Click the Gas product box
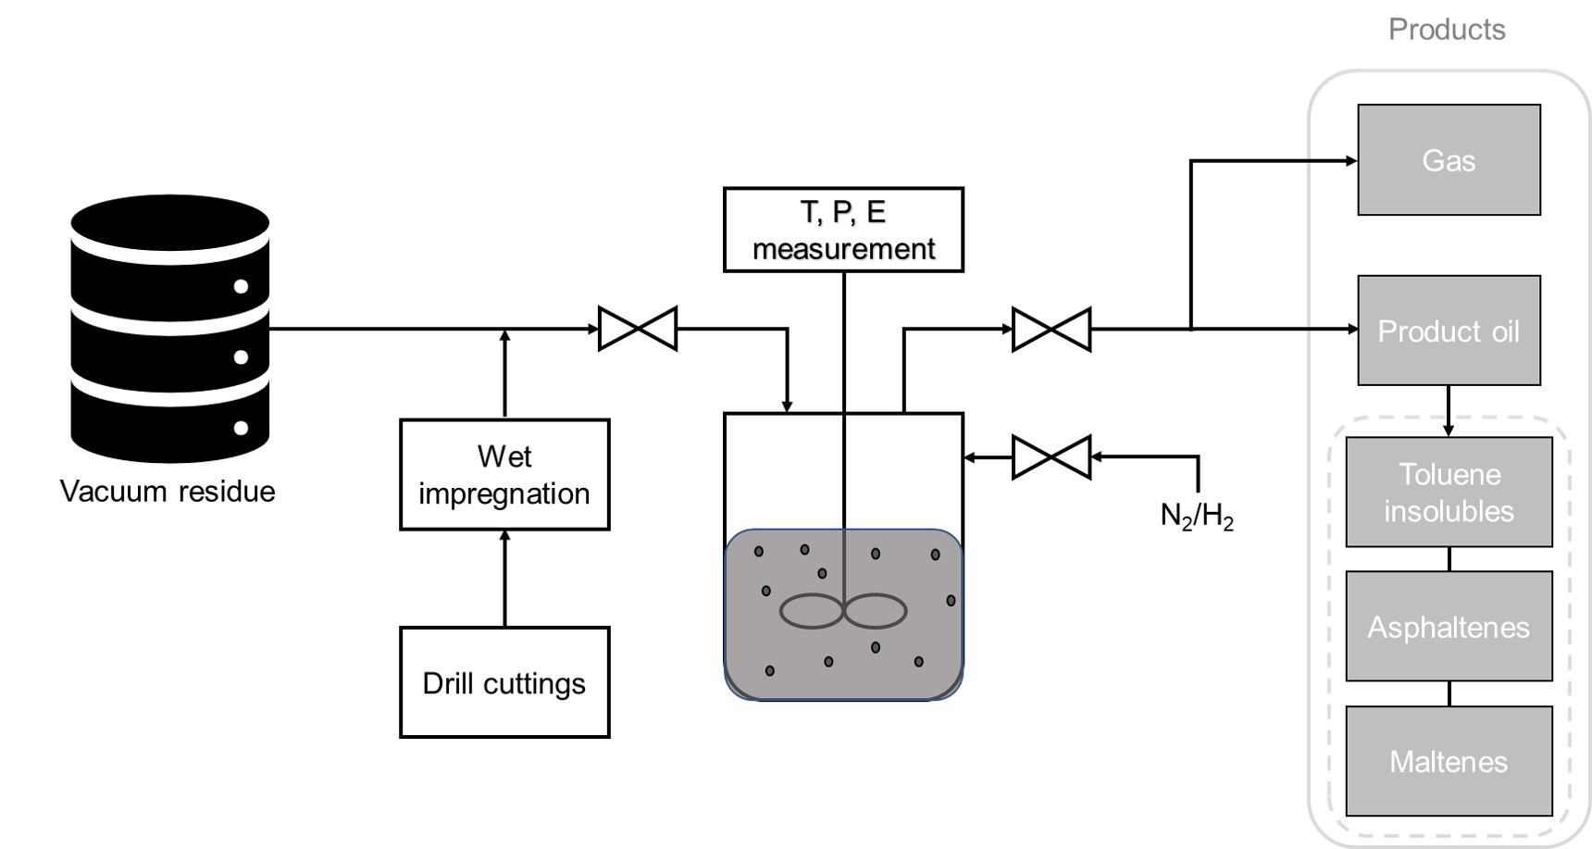(1449, 160)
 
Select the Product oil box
(1449, 331)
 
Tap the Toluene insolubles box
(1449, 493)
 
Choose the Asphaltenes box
(1449, 627)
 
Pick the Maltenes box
(1449, 761)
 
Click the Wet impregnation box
(504, 474)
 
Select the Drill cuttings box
(504, 682)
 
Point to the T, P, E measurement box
(843, 230)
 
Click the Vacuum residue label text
(168, 491)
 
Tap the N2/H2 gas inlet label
(1196, 516)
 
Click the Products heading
(1447, 30)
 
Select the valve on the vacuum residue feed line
(638, 329)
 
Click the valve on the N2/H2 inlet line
(1051, 456)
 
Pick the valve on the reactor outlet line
(1051, 329)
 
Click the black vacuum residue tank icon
(170, 329)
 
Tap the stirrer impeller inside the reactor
(843, 611)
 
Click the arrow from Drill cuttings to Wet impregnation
(504, 579)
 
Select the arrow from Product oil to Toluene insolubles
(1449, 411)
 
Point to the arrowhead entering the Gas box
(1350, 161)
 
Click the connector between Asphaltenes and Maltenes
(1449, 693)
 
